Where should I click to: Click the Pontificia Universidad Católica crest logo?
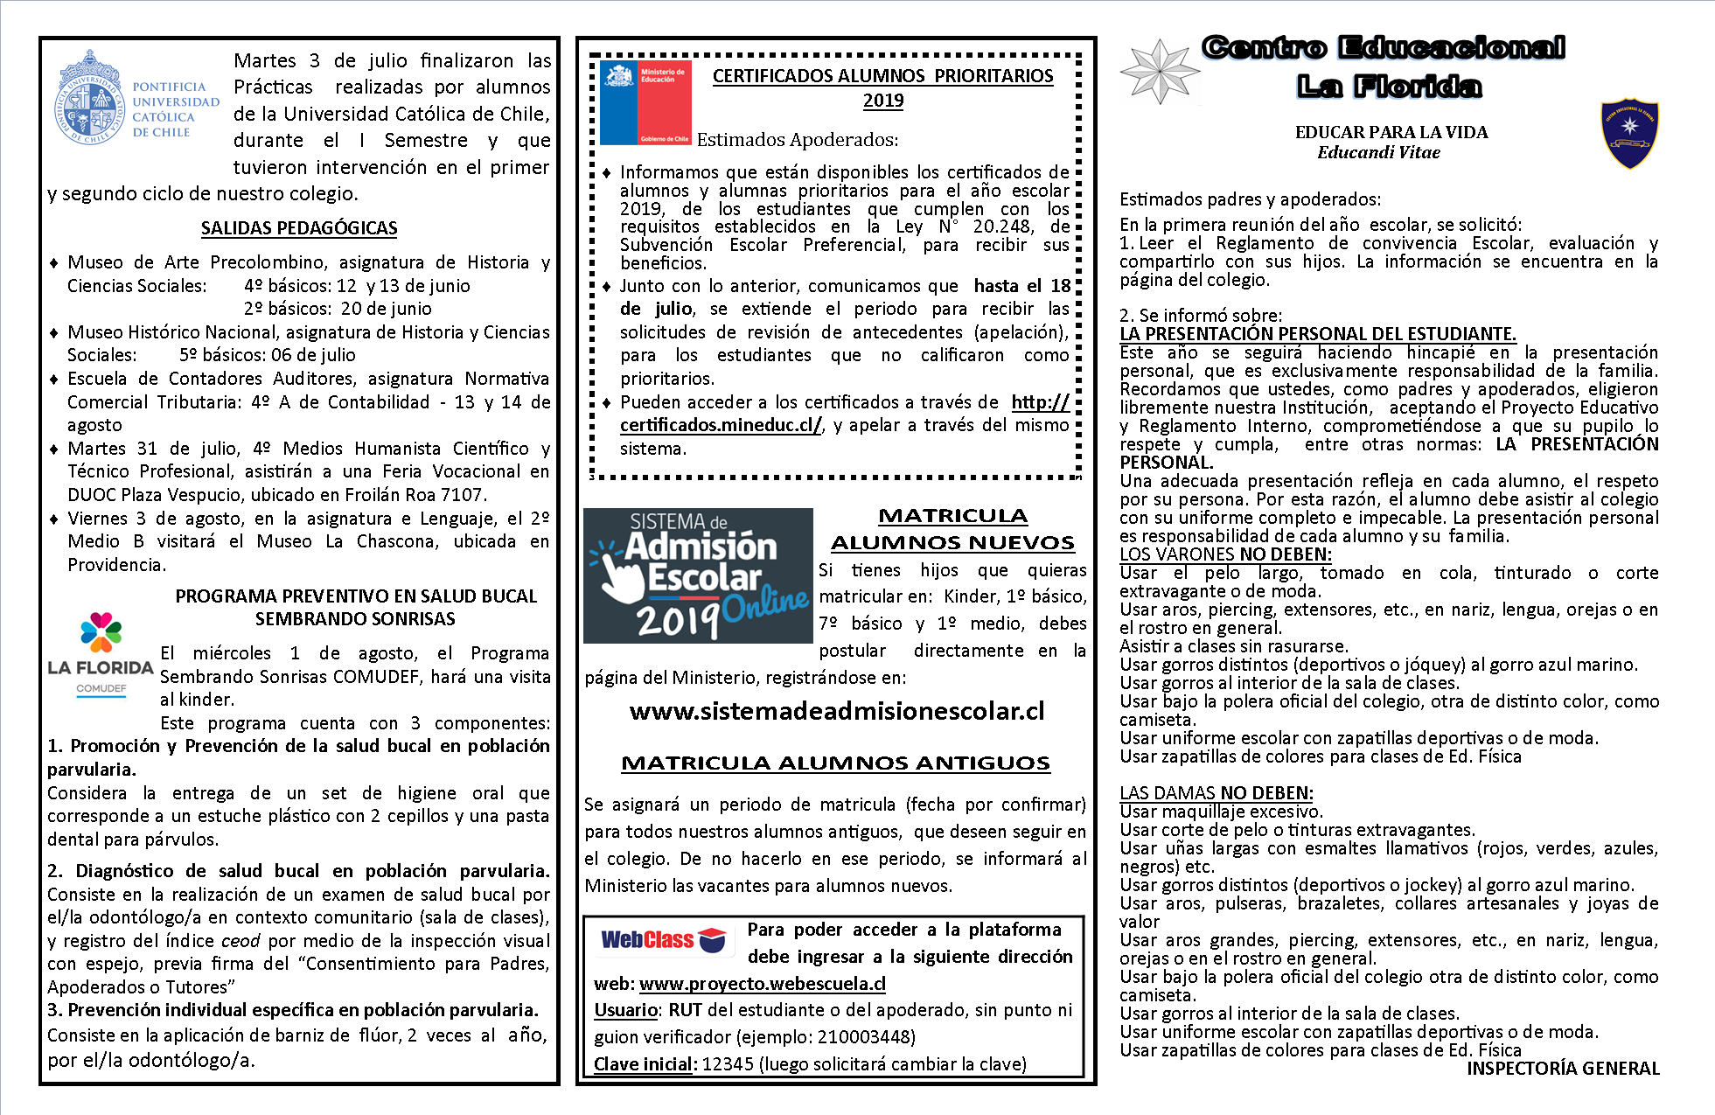tap(88, 97)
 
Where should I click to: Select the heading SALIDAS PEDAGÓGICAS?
tap(299, 228)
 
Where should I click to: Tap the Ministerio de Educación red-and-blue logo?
tap(646, 102)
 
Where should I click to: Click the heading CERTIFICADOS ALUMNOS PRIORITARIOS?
tap(882, 76)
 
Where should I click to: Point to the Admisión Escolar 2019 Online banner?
tap(698, 575)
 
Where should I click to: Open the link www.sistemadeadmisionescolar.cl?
tap(837, 711)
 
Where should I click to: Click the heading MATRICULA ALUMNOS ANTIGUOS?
tap(835, 763)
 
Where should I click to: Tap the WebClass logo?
tap(663, 939)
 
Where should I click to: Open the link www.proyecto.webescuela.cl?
tap(763, 984)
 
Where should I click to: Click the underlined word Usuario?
tap(625, 1010)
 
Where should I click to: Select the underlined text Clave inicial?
tap(645, 1064)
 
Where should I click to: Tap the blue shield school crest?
tap(1629, 132)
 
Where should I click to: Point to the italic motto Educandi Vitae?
tap(1378, 152)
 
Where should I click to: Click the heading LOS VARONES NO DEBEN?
tap(1225, 554)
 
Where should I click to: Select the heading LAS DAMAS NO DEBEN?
tap(1216, 793)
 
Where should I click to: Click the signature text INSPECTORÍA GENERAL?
tap(1563, 1069)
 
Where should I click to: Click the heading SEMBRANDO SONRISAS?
tap(355, 619)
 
